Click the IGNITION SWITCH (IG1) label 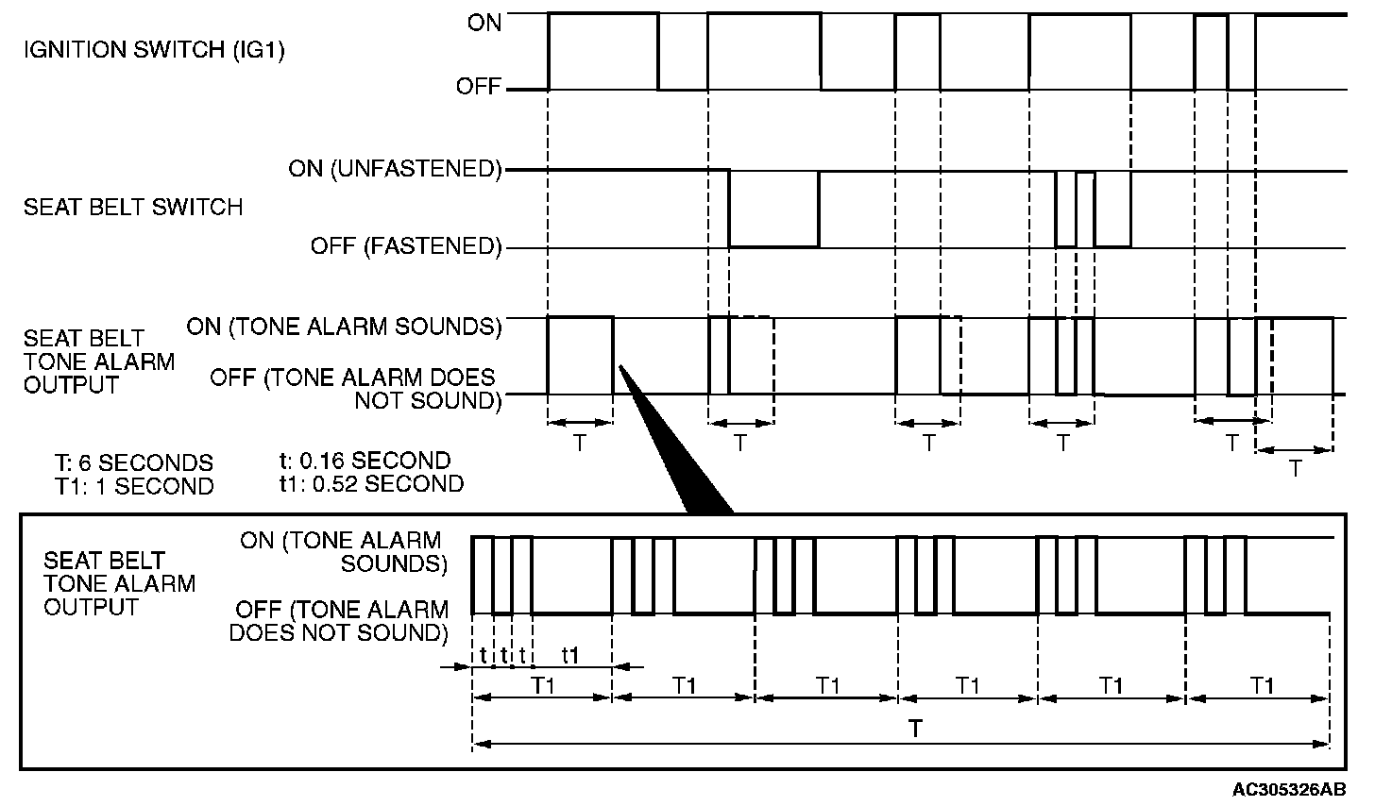154,50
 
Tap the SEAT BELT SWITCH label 133,207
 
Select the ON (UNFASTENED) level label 395,170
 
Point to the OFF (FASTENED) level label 405,247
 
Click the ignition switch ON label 484,23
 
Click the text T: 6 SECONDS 133,463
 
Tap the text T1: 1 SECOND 133,487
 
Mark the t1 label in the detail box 570,654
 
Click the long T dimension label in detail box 915,729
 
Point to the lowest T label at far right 1295,468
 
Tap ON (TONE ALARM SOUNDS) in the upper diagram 343,327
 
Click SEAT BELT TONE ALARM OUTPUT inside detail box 119,583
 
